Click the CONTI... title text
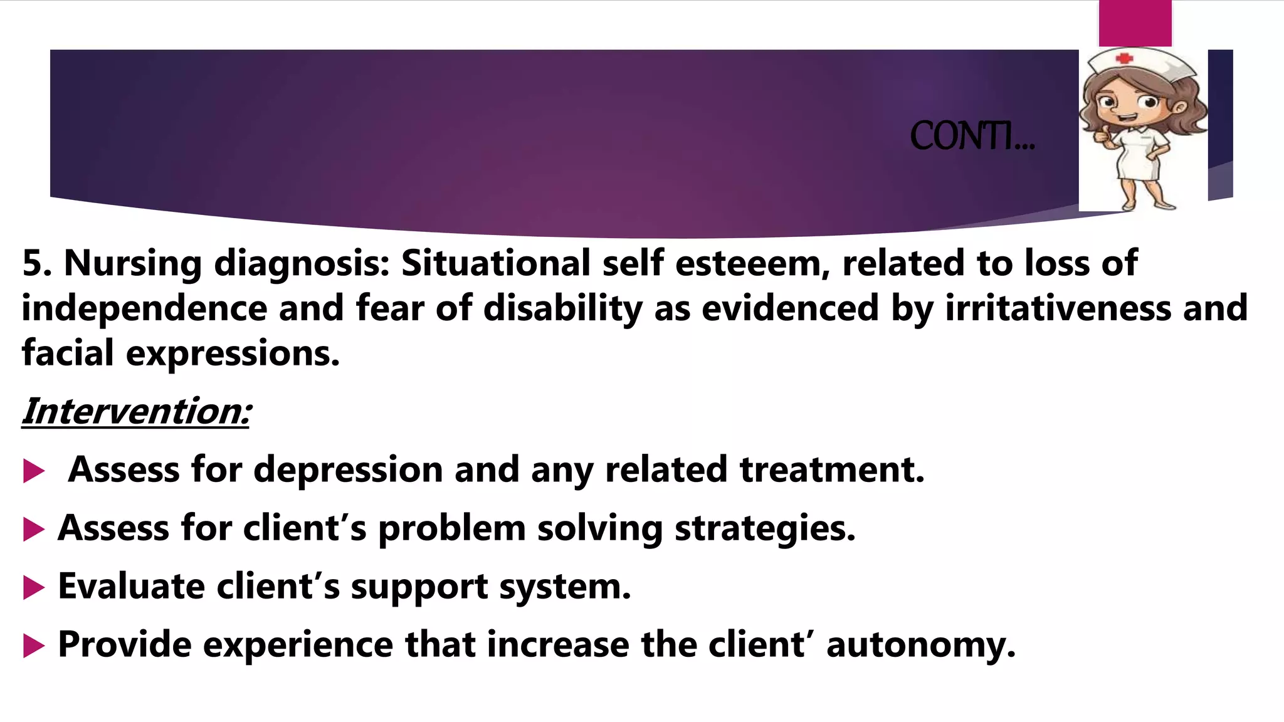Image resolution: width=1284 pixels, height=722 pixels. tap(971, 136)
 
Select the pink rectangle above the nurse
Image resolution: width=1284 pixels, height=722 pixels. tap(1135, 23)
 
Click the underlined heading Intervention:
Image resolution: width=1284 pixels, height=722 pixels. tap(136, 412)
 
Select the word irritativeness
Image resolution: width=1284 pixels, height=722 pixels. tap(1058, 308)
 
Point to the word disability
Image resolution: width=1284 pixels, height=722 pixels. tap(562, 308)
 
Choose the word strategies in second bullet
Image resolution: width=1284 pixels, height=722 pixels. tap(765, 528)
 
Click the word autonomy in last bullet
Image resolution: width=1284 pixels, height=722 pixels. tap(920, 644)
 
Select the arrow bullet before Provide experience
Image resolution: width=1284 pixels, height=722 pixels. tap(33, 646)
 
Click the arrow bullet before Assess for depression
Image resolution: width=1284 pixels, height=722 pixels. tap(33, 471)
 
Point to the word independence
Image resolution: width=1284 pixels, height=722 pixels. tap(144, 308)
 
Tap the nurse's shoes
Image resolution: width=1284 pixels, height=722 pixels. tap(1147, 204)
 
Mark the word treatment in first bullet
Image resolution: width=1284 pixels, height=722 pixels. tap(831, 469)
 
